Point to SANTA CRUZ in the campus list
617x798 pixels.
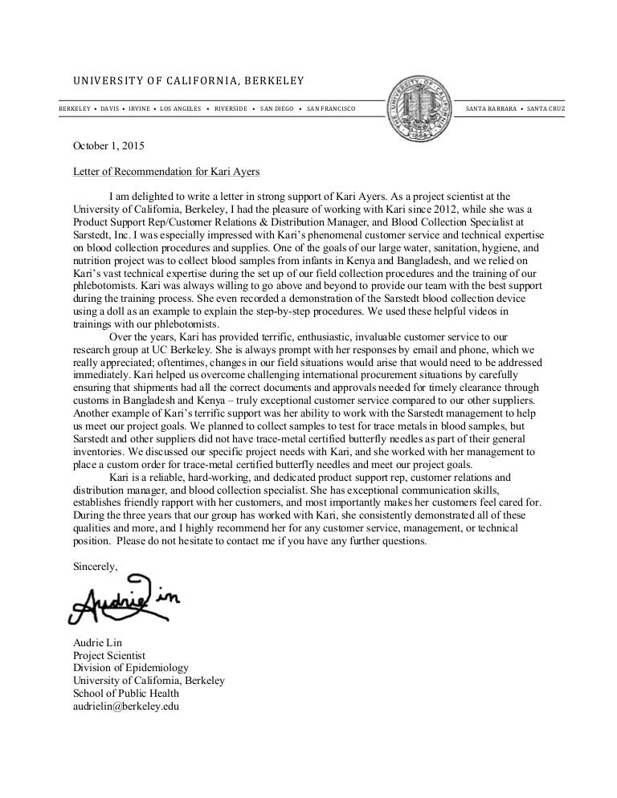pos(546,108)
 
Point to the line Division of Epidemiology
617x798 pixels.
pos(130,668)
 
